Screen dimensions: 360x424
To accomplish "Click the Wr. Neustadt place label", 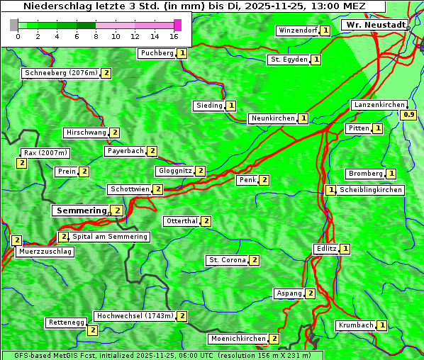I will (x=375, y=25).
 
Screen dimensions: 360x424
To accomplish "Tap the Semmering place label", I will (x=81, y=210).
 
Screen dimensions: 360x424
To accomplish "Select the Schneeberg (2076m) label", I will (x=61, y=73).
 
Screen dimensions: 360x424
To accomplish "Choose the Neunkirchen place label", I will (x=273, y=118).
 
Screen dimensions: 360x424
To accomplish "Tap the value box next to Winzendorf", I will (x=325, y=30).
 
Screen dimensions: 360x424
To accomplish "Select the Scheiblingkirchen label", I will (x=371, y=190).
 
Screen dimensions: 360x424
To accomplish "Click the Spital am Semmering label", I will (x=110, y=237).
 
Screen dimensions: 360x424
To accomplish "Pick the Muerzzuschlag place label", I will (x=45, y=252).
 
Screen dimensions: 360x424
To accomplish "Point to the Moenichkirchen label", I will (x=238, y=339).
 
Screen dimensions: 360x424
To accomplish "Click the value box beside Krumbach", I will (x=382, y=325).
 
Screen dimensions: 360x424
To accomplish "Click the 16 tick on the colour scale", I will (x=174, y=35).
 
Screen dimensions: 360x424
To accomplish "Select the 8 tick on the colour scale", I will (x=96, y=35).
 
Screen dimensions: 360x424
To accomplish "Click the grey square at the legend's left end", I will (x=14, y=25).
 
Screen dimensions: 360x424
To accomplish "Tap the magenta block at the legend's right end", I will (x=177, y=25).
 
